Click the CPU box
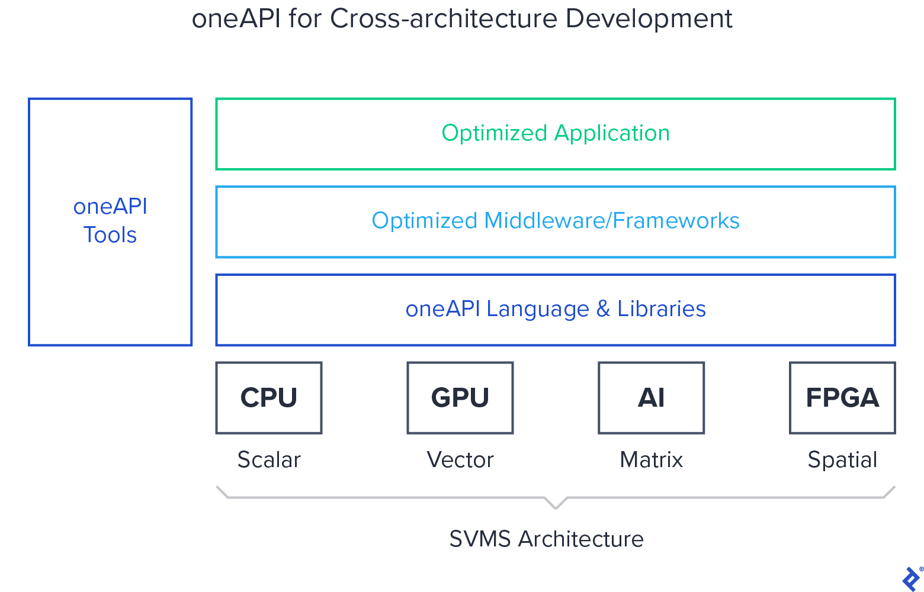coord(269,398)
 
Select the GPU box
coord(460,398)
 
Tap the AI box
coord(651,398)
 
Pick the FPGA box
coord(842,398)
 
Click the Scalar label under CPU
coord(269,460)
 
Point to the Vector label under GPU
coord(460,460)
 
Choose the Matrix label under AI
coord(651,460)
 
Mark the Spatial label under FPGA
coord(842,460)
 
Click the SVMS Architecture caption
coord(546,539)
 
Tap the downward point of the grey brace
coord(556,507)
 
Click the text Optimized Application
coord(556,133)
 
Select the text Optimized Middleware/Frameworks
coord(556,221)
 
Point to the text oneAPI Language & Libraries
coord(556,309)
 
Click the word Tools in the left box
coord(110,235)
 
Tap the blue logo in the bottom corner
coord(911,578)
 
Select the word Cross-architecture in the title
coord(444,19)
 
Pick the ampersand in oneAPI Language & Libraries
coord(603,309)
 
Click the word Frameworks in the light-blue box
coord(676,221)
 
